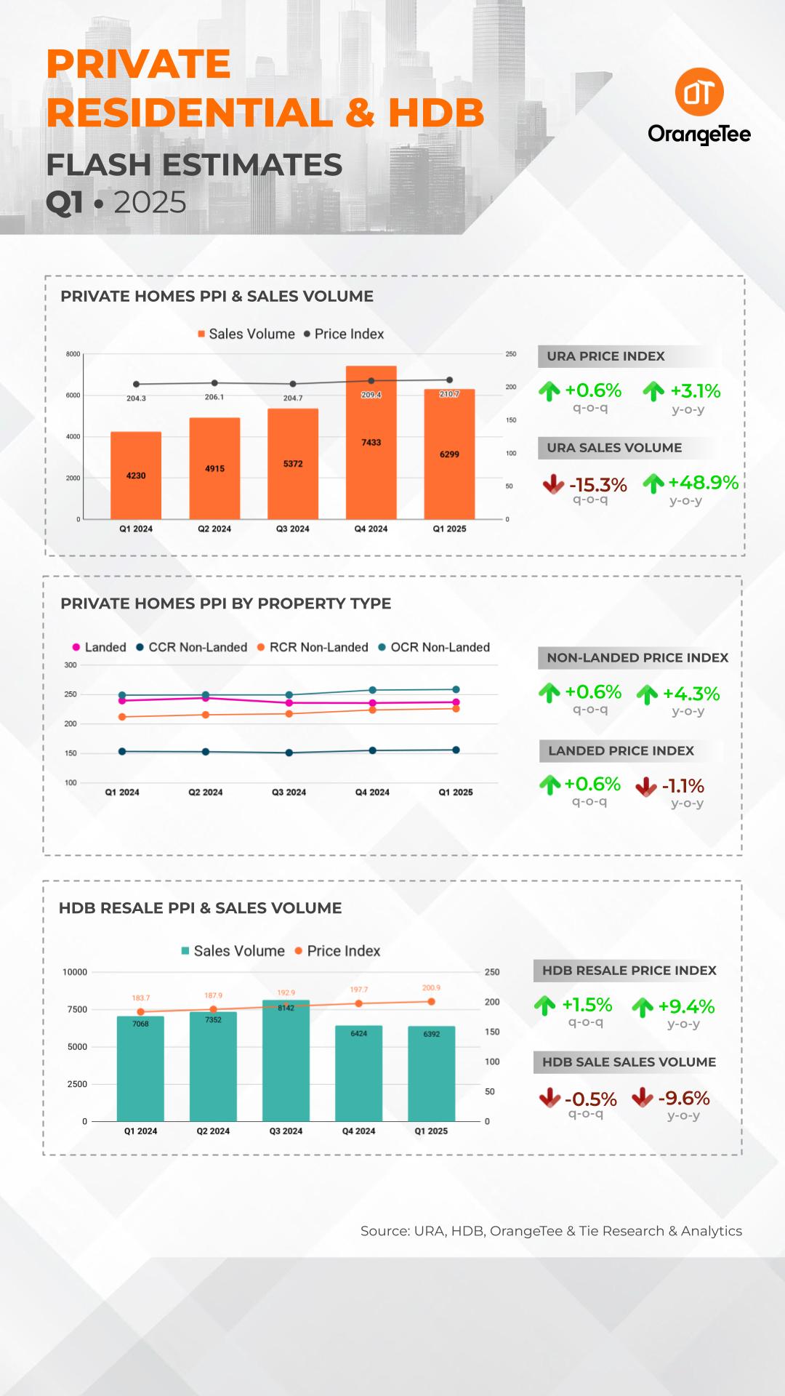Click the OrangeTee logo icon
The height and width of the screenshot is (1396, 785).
pyautogui.click(x=699, y=92)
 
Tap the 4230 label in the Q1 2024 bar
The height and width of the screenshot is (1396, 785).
pyautogui.click(x=136, y=476)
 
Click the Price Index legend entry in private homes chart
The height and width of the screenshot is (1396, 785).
pyautogui.click(x=344, y=334)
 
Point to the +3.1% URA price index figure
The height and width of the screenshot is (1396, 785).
pyautogui.click(x=695, y=391)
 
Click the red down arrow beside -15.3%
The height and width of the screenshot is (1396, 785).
pyautogui.click(x=553, y=484)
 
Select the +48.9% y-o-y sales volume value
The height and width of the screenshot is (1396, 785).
pyautogui.click(x=703, y=483)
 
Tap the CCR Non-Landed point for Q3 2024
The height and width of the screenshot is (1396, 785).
pyautogui.click(x=289, y=753)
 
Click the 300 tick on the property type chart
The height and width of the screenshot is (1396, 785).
pyautogui.click(x=71, y=665)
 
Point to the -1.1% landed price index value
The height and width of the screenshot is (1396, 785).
pyautogui.click(x=683, y=786)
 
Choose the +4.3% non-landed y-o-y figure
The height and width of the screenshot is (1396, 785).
pyautogui.click(x=691, y=694)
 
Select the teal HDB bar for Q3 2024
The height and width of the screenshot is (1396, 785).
pyautogui.click(x=286, y=1062)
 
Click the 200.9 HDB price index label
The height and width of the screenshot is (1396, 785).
pyautogui.click(x=431, y=988)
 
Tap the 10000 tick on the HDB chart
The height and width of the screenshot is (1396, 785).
pyautogui.click(x=75, y=972)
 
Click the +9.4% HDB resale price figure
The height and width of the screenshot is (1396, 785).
pyautogui.click(x=686, y=1007)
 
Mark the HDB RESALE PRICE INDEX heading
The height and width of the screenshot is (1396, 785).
pyautogui.click(x=629, y=971)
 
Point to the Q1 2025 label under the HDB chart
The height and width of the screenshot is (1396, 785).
pyautogui.click(x=431, y=1131)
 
